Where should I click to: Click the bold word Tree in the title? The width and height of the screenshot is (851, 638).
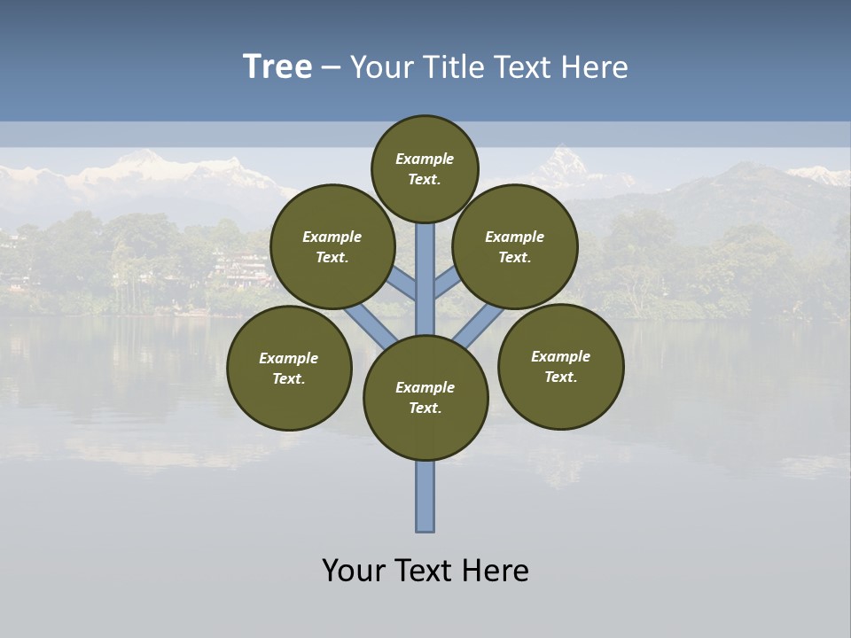[x=277, y=67]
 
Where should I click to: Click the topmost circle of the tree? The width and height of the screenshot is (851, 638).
[x=425, y=168]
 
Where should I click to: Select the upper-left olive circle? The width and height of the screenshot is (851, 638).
[x=332, y=246]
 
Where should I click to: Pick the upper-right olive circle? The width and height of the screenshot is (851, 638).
[x=515, y=246]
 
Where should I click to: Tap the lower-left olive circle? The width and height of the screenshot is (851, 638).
[x=289, y=368]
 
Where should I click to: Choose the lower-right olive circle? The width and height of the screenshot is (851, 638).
[x=561, y=366]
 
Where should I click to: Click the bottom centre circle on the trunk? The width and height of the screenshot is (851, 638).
[x=425, y=398]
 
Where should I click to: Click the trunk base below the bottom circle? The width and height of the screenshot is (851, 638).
[x=425, y=496]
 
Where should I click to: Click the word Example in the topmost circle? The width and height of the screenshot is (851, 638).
[x=425, y=159]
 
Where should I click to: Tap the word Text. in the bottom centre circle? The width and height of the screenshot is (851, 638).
[x=425, y=408]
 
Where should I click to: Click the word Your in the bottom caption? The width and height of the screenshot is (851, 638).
[x=353, y=571]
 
